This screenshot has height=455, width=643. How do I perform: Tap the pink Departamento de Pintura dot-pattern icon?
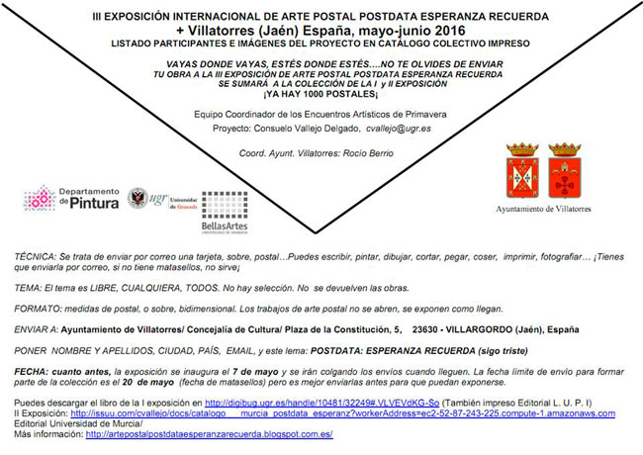pyautogui.click(x=38, y=198)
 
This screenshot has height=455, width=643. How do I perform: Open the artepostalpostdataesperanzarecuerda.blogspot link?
pyautogui.click(x=210, y=434)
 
